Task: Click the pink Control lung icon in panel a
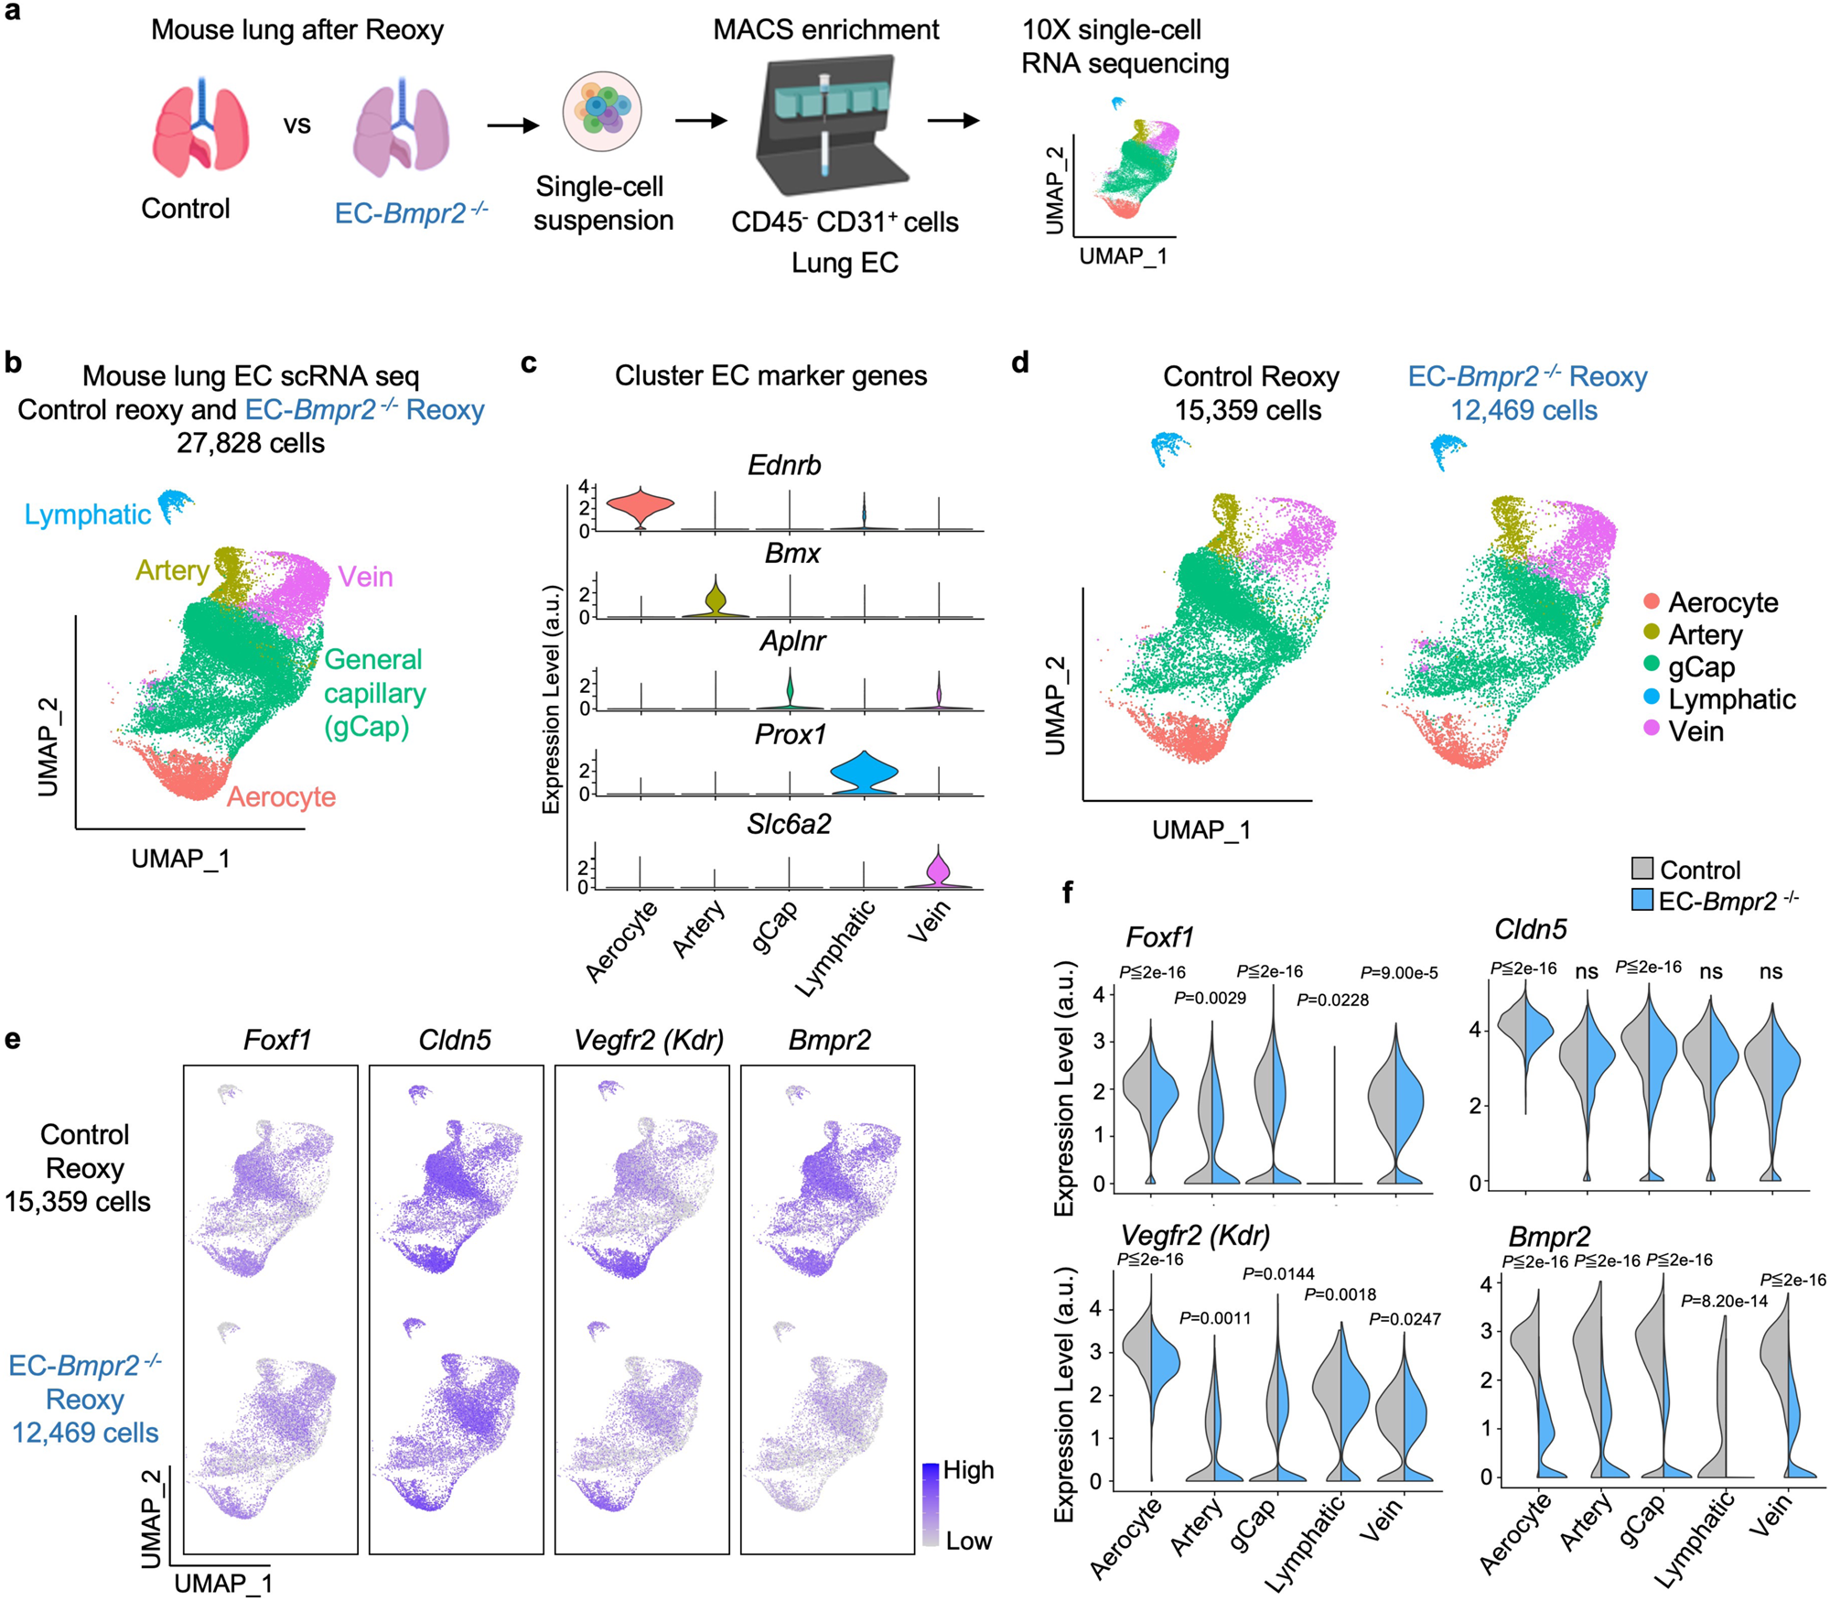click(200, 128)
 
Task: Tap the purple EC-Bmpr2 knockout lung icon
click(400, 128)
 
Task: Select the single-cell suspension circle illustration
click(601, 112)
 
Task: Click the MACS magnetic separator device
click(828, 124)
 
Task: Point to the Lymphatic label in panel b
click(87, 514)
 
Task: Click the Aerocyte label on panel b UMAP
click(281, 796)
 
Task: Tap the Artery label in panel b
click(171, 570)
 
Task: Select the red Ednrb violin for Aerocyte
click(640, 503)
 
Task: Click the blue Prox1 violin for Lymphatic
click(864, 773)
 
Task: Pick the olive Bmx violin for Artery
click(716, 599)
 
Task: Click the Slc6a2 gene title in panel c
click(789, 824)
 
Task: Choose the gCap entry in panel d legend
click(1700, 666)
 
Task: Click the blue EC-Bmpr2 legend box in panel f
click(1642, 900)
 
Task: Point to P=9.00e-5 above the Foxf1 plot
click(1398, 972)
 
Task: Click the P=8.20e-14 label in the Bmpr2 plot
click(1724, 1301)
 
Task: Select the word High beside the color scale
click(968, 1469)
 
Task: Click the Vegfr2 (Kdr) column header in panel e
click(648, 1039)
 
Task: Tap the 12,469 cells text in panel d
click(1523, 410)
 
